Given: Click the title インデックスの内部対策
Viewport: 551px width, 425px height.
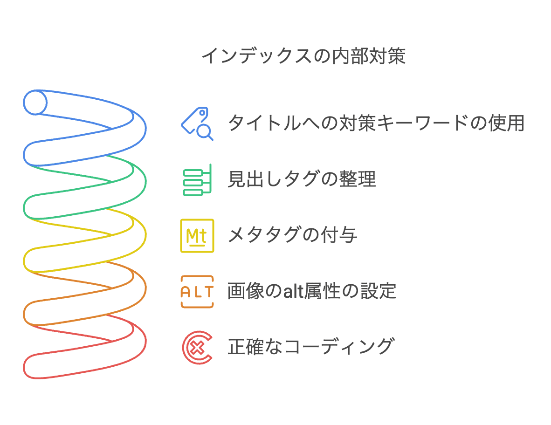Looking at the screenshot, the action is [x=303, y=56].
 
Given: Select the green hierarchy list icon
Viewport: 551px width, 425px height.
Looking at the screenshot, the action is [x=197, y=179].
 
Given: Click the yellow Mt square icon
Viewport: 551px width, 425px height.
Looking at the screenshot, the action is [x=197, y=235].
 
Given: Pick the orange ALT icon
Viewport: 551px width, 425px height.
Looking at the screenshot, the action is [x=197, y=292].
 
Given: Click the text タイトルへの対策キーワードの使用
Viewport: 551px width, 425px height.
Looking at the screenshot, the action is [x=376, y=123].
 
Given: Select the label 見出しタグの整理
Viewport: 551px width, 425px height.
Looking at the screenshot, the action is [x=302, y=179].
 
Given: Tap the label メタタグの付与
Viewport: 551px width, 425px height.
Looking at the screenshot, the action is [x=292, y=235].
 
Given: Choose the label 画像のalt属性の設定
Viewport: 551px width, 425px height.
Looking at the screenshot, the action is [x=312, y=292].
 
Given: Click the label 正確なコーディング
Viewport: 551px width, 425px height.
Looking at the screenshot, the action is [x=311, y=347].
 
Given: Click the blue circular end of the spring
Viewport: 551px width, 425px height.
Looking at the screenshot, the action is [x=35, y=102].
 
